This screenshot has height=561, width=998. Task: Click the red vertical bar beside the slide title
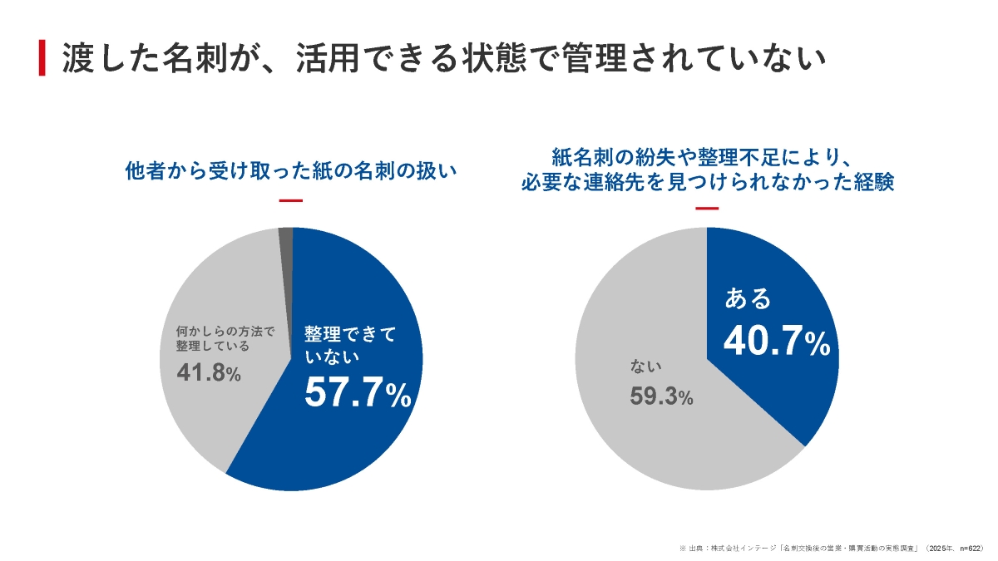(x=42, y=57)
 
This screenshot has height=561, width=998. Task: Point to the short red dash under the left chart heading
(x=290, y=200)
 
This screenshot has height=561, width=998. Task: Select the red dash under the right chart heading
(x=706, y=208)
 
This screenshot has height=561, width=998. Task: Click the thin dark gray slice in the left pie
(x=285, y=238)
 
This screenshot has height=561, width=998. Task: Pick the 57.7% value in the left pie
(x=358, y=393)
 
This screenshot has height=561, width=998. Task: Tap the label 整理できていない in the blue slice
(x=349, y=346)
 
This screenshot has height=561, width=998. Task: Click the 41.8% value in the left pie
(x=209, y=373)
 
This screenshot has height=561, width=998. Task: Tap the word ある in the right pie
(x=748, y=298)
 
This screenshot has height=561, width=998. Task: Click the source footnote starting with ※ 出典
(x=832, y=549)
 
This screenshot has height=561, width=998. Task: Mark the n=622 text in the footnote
(x=970, y=549)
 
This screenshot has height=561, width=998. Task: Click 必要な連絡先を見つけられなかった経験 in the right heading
(x=707, y=183)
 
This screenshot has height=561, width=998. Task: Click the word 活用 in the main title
(x=327, y=57)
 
